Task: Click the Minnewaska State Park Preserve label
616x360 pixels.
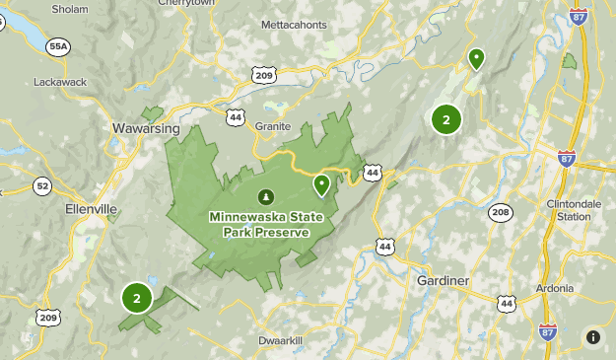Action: point(259,224)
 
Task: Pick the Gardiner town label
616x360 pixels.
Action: point(443,281)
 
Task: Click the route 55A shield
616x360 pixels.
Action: point(58,46)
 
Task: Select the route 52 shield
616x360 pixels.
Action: point(41,185)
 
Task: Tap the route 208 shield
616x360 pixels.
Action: point(501,212)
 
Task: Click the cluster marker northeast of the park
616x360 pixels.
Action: point(446,120)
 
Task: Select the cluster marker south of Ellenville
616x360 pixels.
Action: point(136,297)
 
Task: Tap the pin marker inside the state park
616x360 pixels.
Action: point(321,184)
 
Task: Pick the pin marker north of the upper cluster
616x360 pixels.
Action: point(476,59)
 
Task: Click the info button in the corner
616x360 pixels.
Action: point(593,337)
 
